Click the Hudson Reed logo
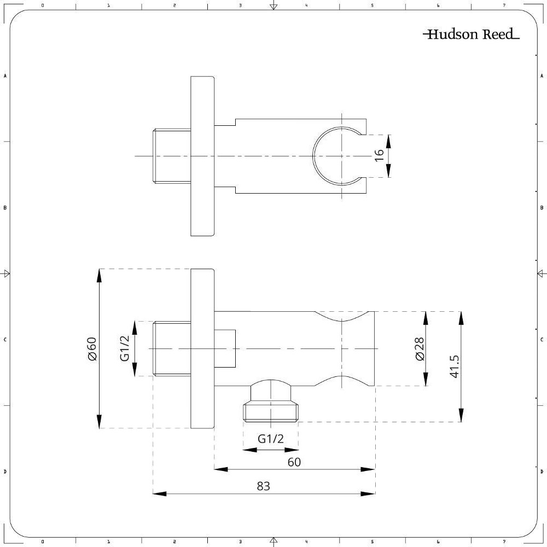click(x=471, y=35)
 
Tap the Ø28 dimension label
click(x=420, y=348)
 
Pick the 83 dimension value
click(x=264, y=486)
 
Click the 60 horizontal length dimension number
click(x=294, y=462)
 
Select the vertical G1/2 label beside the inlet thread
click(x=125, y=348)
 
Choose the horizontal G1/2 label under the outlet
click(x=271, y=439)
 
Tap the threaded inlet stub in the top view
click(x=172, y=156)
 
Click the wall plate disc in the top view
click(x=202, y=156)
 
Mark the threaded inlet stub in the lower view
click(x=172, y=348)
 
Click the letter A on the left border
click(x=5, y=76)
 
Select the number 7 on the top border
click(x=504, y=5)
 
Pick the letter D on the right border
click(x=542, y=472)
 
